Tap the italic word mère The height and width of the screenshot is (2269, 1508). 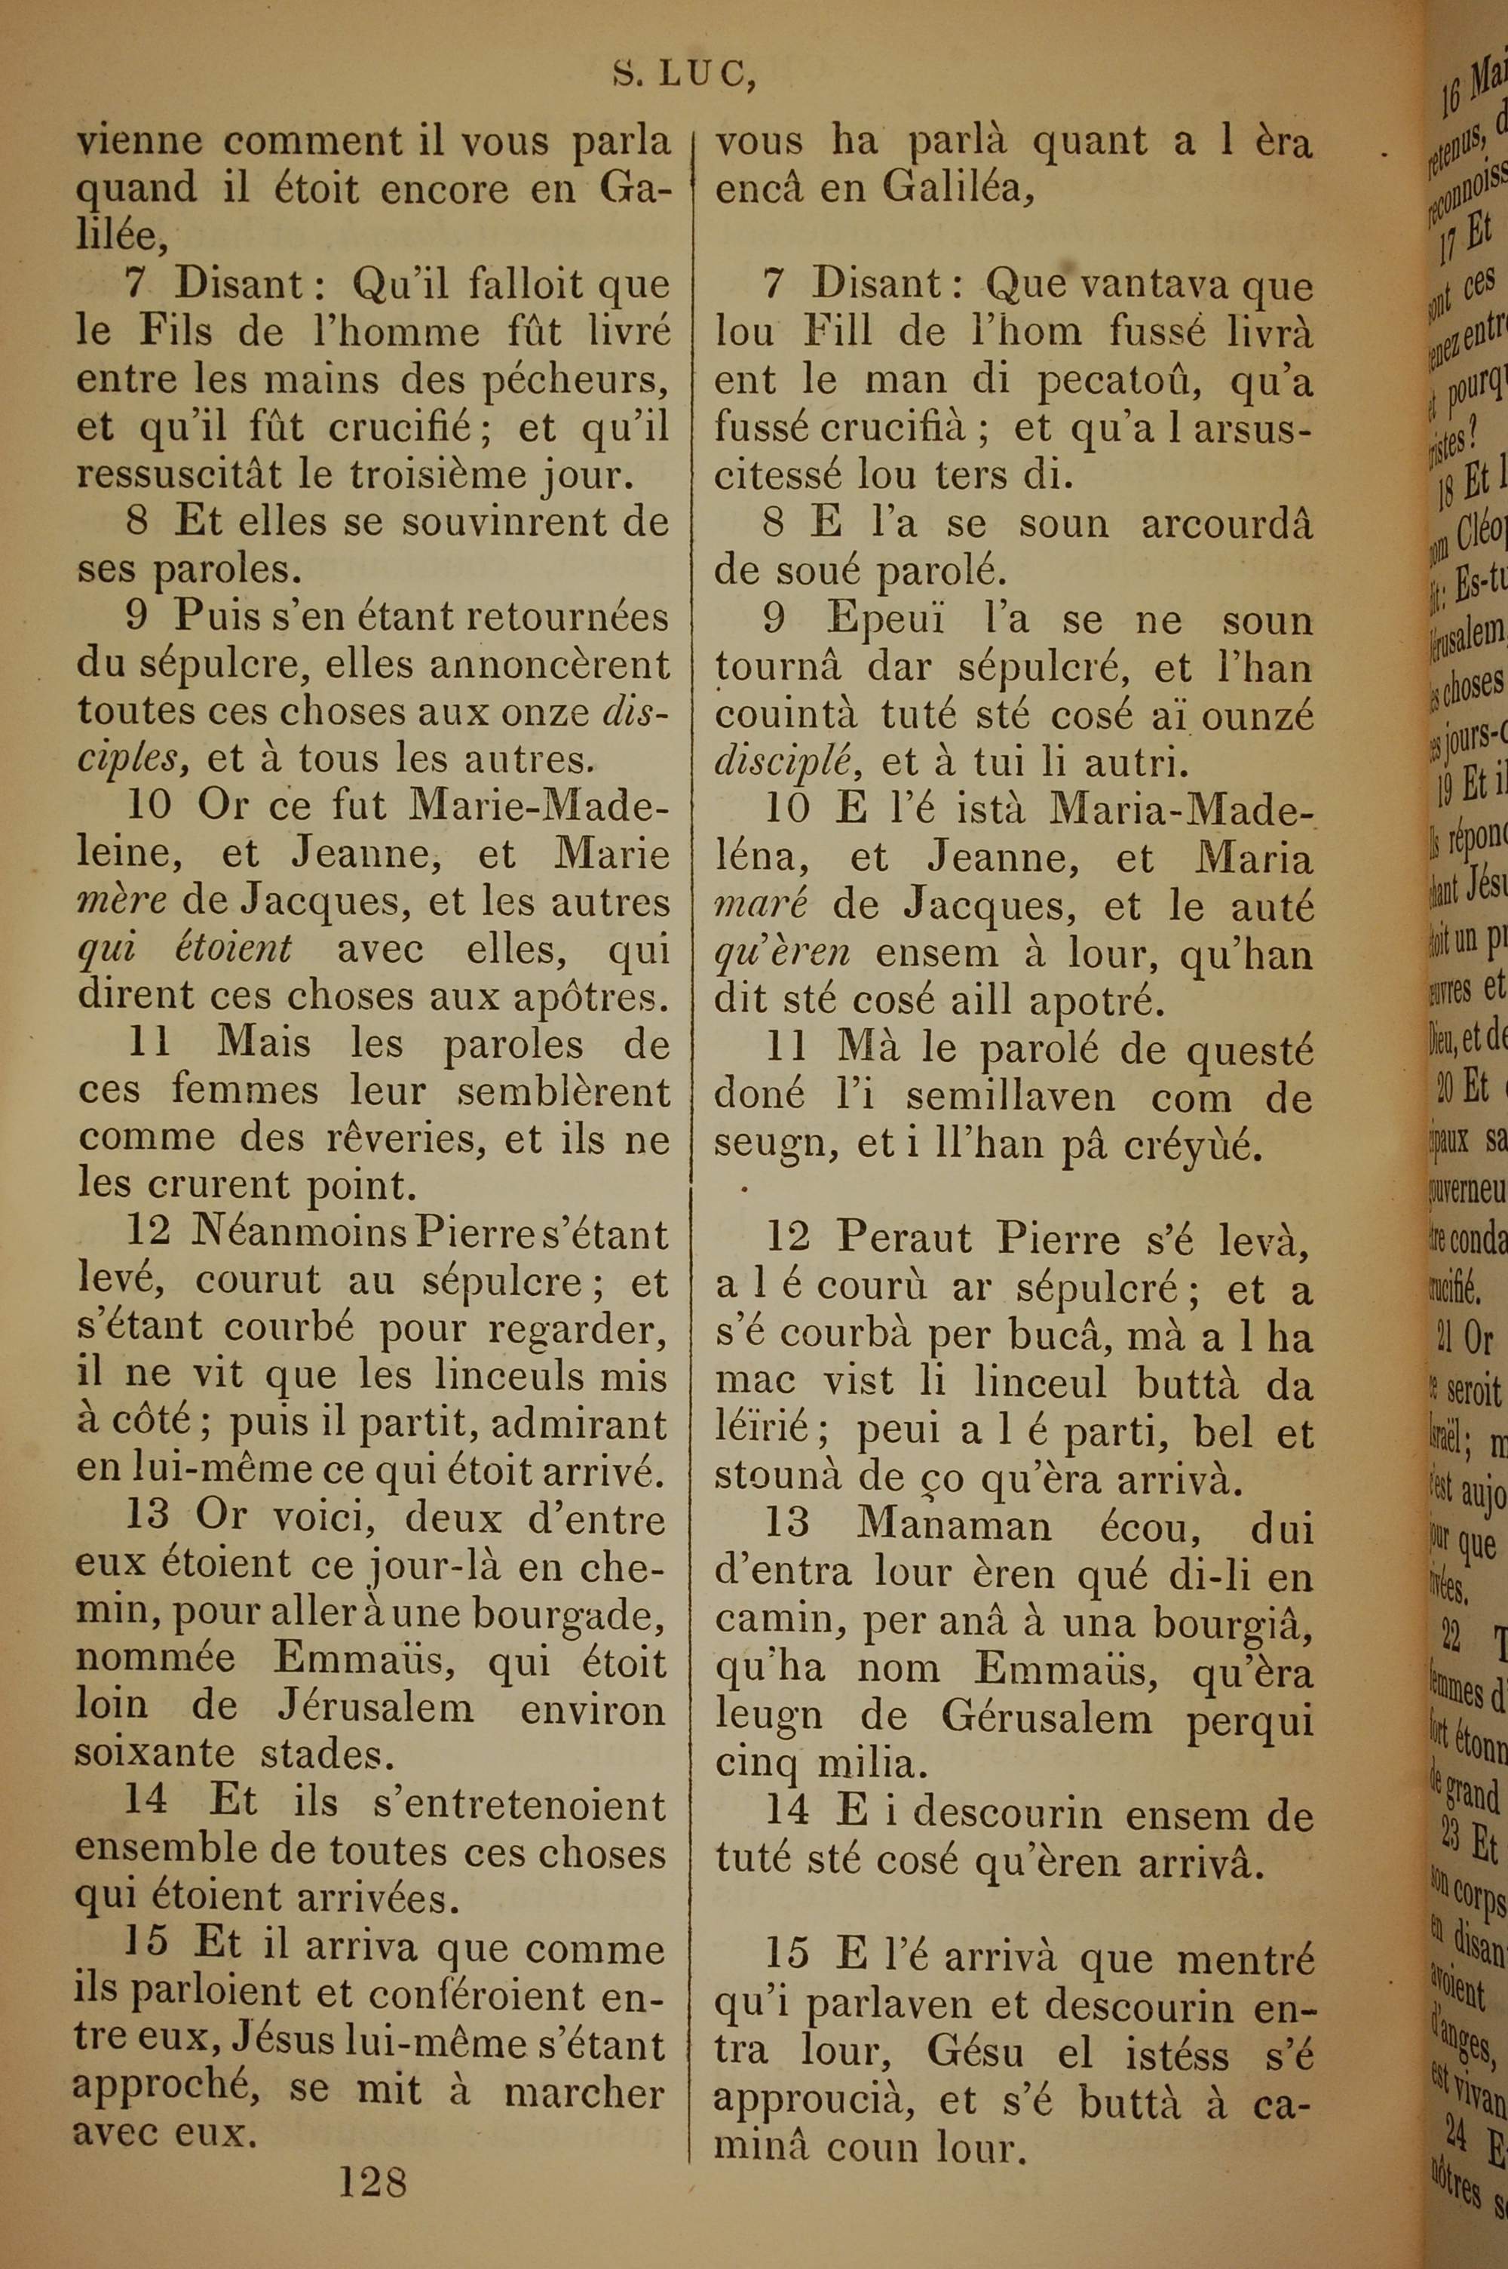point(122,902)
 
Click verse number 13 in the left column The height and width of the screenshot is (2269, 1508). point(147,1516)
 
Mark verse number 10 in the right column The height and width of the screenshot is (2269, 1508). point(786,809)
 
